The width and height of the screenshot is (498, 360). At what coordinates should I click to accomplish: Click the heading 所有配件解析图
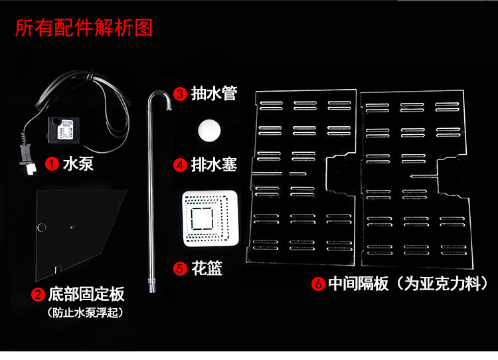pyautogui.click(x=83, y=29)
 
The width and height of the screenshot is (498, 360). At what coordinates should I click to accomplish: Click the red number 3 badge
pyautogui.click(x=180, y=94)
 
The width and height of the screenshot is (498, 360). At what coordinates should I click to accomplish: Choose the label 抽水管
pyautogui.click(x=213, y=94)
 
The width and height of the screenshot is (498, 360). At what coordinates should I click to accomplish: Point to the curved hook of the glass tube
pyautogui.click(x=159, y=98)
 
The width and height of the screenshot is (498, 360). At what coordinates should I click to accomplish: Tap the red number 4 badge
pyautogui.click(x=180, y=164)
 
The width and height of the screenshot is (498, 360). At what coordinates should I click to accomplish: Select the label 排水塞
pyautogui.click(x=213, y=164)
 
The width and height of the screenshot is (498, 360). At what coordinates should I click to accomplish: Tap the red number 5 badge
pyautogui.click(x=180, y=268)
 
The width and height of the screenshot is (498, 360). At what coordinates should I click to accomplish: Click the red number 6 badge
pyautogui.click(x=318, y=284)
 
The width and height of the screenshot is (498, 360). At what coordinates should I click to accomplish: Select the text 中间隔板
pyautogui.click(x=361, y=284)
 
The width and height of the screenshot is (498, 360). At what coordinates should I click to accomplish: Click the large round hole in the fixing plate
pyautogui.click(x=42, y=228)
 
